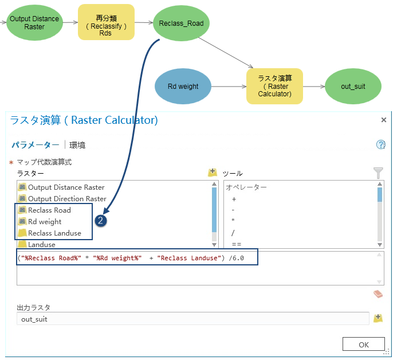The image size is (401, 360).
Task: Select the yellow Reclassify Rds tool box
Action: tap(106, 22)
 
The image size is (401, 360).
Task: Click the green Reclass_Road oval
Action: tap(182, 23)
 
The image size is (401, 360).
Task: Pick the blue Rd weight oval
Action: tap(183, 87)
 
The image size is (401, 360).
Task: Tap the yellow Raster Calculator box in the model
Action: tap(274, 87)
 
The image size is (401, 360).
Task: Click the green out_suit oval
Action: tap(353, 87)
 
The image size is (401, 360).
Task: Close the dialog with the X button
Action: tap(383, 120)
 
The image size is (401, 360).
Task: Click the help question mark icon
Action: tap(380, 144)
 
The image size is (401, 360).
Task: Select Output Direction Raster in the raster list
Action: tap(67, 198)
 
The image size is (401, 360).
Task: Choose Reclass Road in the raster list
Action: tap(49, 210)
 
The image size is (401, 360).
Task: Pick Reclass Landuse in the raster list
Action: tap(54, 233)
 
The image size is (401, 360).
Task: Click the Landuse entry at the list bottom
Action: tap(42, 244)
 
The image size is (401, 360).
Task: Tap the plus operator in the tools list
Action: tap(234, 199)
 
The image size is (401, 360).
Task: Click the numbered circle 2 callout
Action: tap(102, 221)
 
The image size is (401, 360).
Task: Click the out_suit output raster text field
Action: tap(192, 319)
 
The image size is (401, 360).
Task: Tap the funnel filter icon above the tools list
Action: tap(378, 172)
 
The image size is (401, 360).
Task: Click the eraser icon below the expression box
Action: tap(378, 294)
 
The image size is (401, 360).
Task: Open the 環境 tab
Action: tap(77, 145)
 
